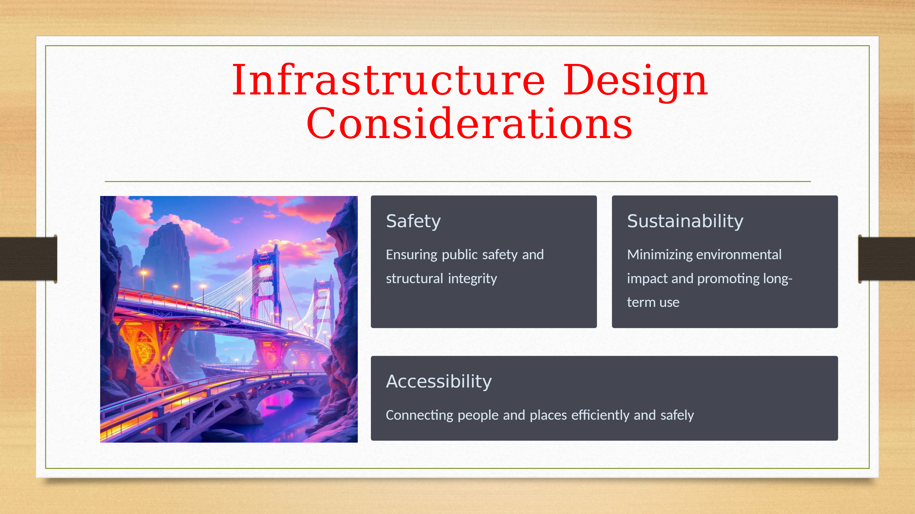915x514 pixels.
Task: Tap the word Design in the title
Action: click(x=636, y=82)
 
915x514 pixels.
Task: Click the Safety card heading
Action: click(x=413, y=222)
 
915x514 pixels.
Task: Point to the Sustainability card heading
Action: click(x=685, y=221)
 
